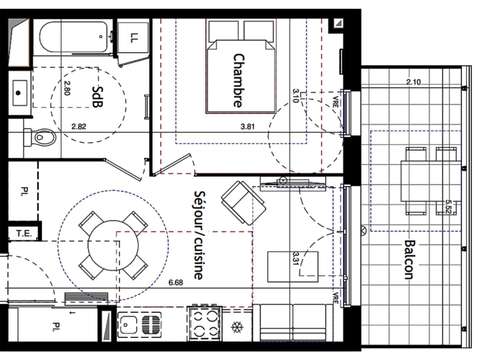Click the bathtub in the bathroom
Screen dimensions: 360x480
(x=74, y=40)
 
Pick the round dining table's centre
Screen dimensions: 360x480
(x=103, y=243)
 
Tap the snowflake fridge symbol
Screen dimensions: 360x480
(x=237, y=327)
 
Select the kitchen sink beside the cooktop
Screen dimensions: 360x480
(x=141, y=324)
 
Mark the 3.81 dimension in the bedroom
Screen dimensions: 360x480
(x=249, y=127)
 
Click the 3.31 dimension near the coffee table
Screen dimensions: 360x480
(x=295, y=257)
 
